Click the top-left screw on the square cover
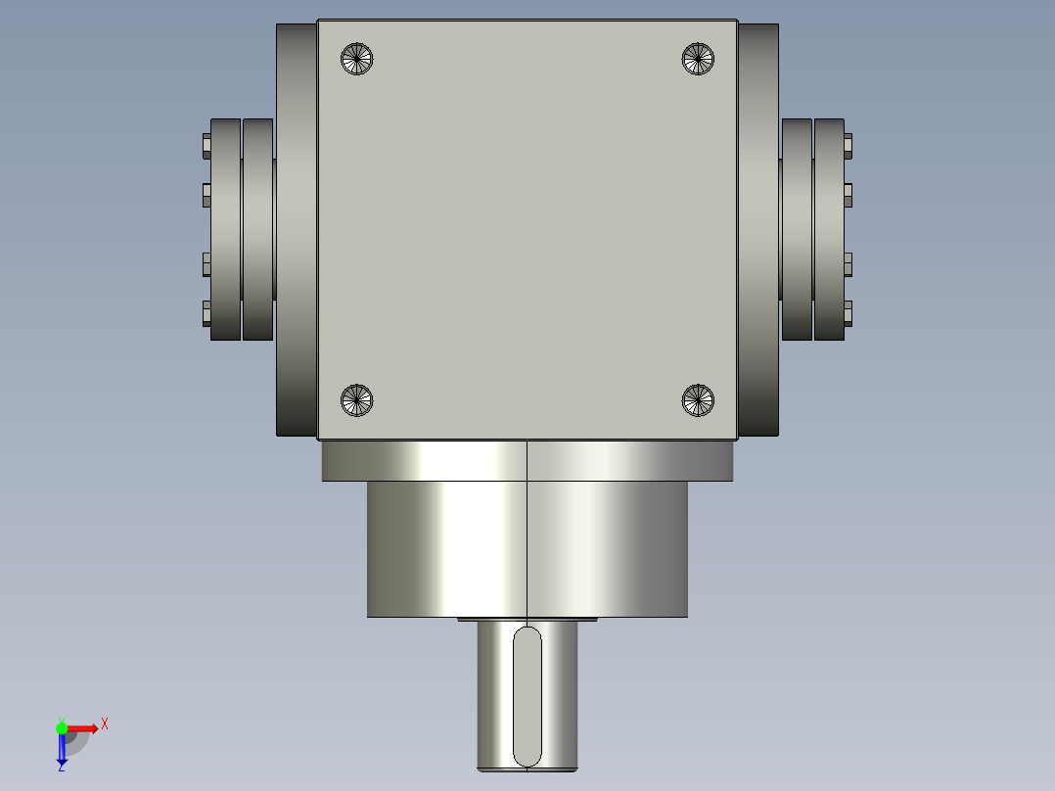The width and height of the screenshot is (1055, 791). (357, 59)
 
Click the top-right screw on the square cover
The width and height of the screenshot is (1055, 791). (697, 59)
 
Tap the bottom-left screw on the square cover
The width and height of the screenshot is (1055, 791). (357, 399)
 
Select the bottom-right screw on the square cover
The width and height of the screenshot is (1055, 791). (697, 399)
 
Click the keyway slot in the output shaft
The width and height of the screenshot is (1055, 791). (527, 697)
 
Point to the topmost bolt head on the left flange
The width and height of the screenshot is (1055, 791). (206, 146)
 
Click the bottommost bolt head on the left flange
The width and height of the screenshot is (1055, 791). (206, 313)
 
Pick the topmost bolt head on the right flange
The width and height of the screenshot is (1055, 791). (848, 146)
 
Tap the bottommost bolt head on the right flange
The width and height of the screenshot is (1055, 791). (848, 313)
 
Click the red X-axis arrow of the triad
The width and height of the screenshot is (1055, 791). (84, 727)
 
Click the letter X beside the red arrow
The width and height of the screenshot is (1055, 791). (104, 724)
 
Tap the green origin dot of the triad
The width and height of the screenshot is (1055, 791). (62, 727)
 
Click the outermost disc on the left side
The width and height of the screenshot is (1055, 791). (225, 230)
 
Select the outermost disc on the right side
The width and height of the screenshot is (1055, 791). (829, 230)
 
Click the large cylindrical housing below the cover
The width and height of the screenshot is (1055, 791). (527, 548)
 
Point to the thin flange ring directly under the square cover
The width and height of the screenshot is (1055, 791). (527, 461)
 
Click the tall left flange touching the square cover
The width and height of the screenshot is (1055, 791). (296, 230)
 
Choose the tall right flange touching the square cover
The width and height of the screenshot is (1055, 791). (757, 230)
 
